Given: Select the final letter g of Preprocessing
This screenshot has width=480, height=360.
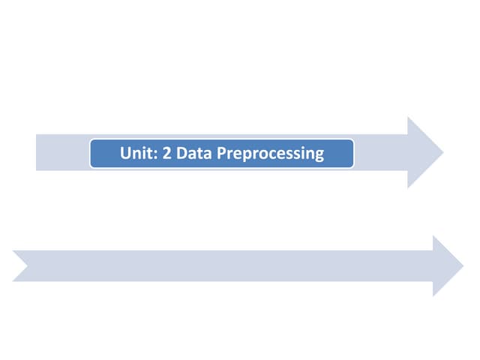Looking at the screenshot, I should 319,156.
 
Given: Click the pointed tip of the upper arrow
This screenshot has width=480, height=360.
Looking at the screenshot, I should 442,152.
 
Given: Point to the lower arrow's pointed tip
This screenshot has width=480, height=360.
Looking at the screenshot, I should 463,265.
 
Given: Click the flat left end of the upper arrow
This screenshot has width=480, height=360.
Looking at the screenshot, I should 37,152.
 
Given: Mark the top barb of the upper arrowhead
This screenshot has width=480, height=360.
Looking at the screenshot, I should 409,119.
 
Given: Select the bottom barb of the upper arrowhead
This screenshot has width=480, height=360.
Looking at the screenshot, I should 409,185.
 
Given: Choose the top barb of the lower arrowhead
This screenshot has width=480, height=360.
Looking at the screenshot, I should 434,237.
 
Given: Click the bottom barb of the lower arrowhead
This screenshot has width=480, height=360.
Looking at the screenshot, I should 434,294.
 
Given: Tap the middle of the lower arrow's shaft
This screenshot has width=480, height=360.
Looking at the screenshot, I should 225,265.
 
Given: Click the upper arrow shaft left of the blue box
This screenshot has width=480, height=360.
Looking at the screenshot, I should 64,152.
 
